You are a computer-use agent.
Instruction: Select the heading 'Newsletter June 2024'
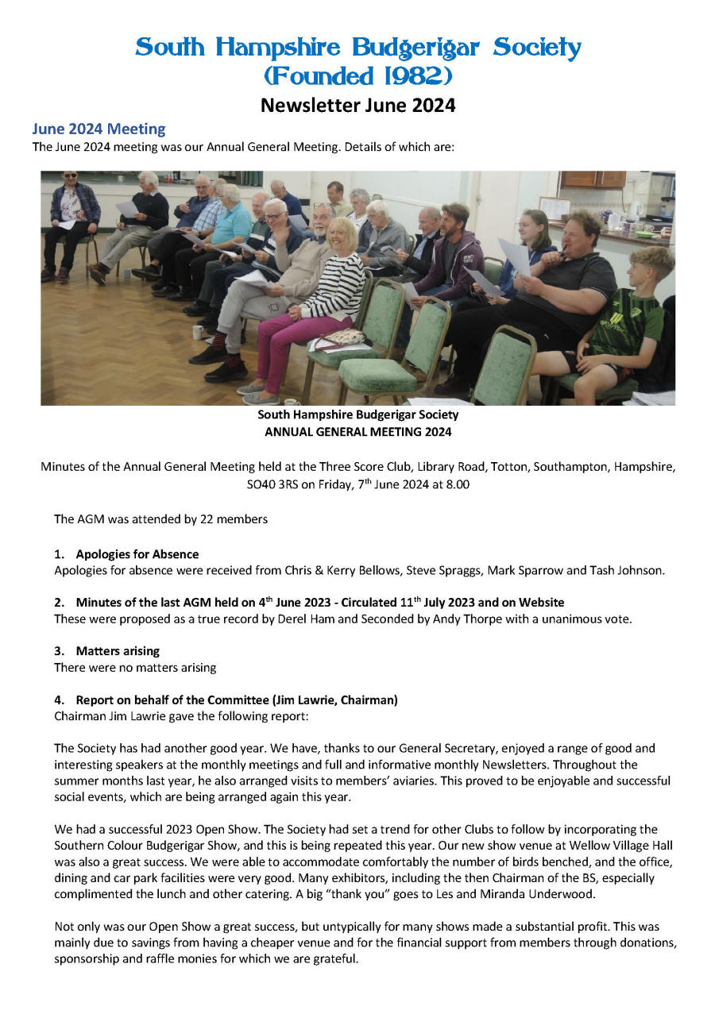coord(357,105)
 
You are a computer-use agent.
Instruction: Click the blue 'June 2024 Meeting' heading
coord(99,129)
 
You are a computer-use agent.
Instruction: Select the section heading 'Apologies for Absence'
coord(137,554)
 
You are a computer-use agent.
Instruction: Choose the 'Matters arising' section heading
coord(118,651)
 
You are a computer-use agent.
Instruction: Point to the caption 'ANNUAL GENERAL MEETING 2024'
coord(357,432)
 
